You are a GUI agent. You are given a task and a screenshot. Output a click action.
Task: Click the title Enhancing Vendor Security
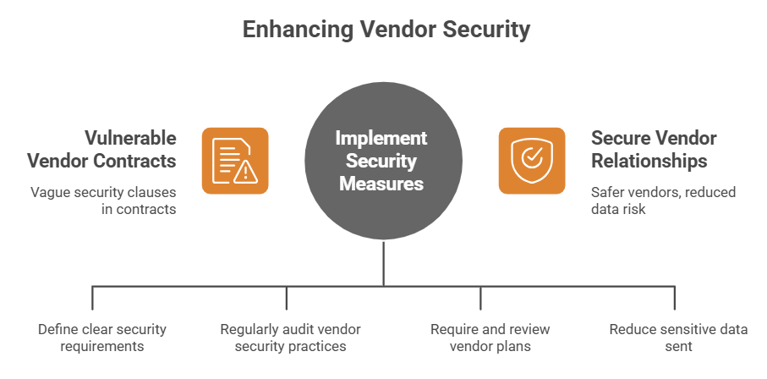click(x=386, y=30)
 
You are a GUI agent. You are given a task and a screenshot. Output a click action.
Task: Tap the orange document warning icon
click(x=234, y=161)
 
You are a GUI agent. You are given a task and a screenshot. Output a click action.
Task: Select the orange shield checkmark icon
click(x=531, y=161)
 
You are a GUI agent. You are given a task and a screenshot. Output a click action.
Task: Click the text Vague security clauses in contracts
click(x=104, y=200)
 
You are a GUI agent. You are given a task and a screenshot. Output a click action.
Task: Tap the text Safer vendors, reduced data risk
click(x=663, y=200)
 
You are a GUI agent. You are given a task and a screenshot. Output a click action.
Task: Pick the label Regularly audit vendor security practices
click(x=287, y=338)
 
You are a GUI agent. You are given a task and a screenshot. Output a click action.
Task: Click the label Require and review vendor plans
click(x=480, y=338)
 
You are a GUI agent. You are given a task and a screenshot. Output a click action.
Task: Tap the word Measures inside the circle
click(x=381, y=182)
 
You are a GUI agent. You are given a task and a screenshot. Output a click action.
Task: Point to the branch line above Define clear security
click(x=93, y=298)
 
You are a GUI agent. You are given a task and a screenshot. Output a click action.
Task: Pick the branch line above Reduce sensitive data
click(x=675, y=298)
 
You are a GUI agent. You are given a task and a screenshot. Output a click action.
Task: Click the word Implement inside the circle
click(x=381, y=138)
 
